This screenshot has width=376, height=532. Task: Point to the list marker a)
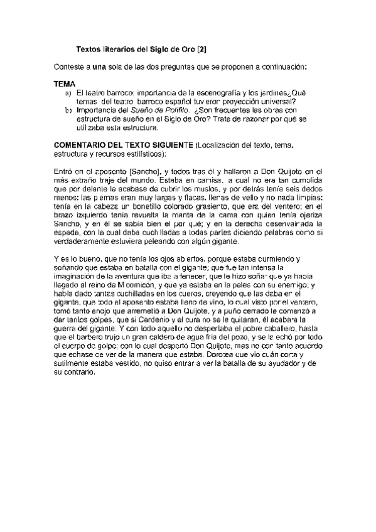pos(69,93)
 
